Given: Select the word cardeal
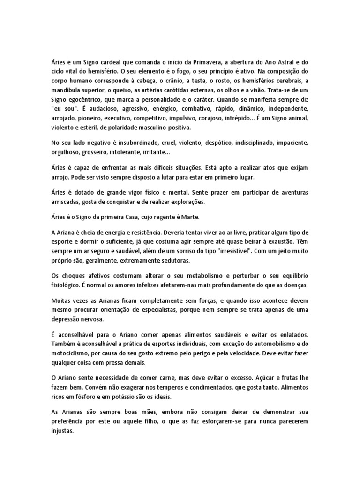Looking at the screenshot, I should (112, 62).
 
